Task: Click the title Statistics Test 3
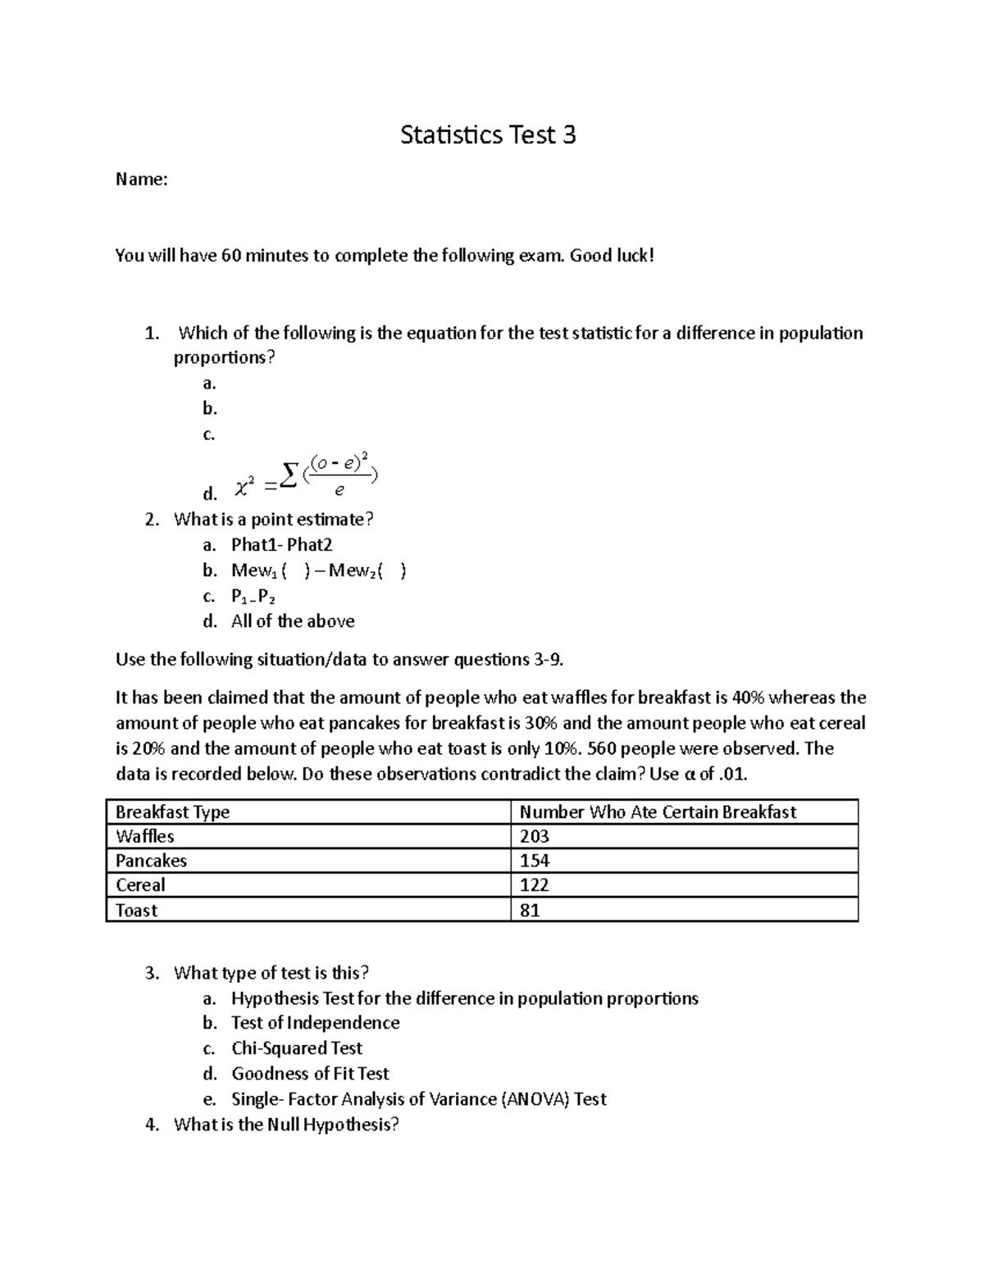(x=488, y=135)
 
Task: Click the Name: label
(x=141, y=180)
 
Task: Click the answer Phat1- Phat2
(x=281, y=545)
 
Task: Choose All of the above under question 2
(x=293, y=621)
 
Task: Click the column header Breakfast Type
(x=172, y=812)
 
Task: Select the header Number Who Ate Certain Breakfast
(x=658, y=812)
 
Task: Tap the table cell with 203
(x=534, y=837)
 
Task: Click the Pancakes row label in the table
(x=151, y=861)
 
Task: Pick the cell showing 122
(x=534, y=885)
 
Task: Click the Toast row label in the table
(x=136, y=911)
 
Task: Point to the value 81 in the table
(x=530, y=911)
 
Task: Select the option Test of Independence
(x=315, y=1023)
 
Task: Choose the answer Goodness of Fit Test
(x=310, y=1074)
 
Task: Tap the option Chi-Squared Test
(x=296, y=1048)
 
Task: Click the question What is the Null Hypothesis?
(x=286, y=1125)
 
